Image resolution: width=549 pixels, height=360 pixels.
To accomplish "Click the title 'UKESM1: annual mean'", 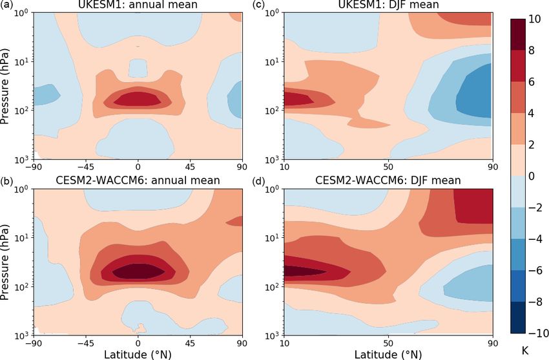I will pos(137,5).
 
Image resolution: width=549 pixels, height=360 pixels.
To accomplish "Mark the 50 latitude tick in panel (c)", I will pos(388,167).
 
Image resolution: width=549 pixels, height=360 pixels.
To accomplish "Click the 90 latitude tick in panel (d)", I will pos(493,343).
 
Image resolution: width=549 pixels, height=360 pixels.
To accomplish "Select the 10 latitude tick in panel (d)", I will pos(284,343).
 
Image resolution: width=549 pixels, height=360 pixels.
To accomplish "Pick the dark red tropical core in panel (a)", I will pos(138,99).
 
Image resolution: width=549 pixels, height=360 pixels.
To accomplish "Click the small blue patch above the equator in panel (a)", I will pos(138,67).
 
